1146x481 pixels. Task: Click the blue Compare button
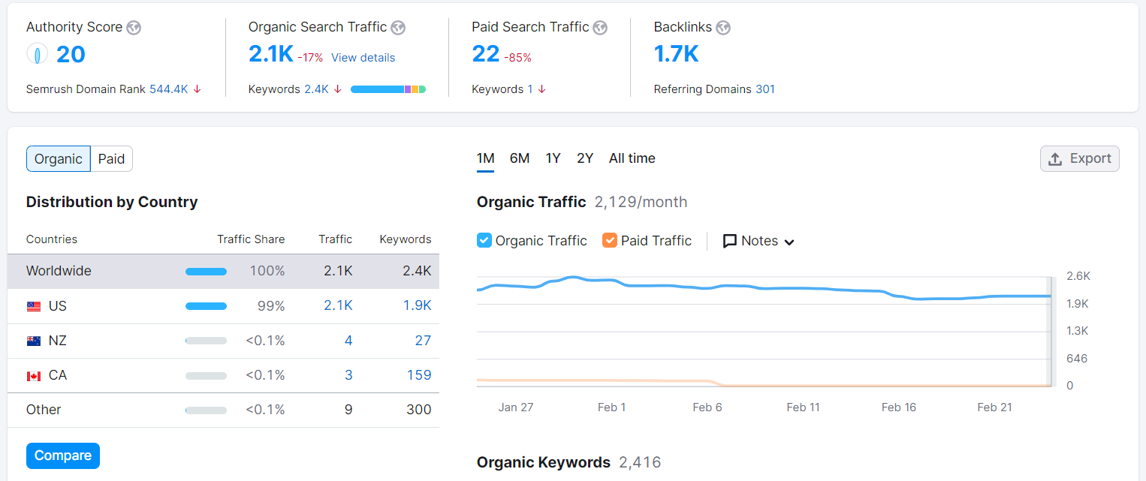(x=63, y=455)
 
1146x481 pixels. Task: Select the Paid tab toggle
(x=111, y=159)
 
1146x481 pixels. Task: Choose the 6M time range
(x=520, y=158)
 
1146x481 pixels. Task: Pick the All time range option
(x=632, y=158)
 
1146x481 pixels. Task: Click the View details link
(x=363, y=58)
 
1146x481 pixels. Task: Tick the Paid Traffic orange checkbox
(x=610, y=241)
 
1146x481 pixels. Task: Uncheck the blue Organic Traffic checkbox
(x=484, y=241)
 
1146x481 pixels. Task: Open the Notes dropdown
(x=758, y=241)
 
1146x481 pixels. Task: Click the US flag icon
(x=34, y=306)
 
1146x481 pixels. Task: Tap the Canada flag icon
(x=34, y=376)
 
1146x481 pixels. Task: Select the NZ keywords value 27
(x=423, y=341)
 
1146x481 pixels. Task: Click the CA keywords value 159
(x=418, y=375)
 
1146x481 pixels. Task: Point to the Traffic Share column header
(x=251, y=239)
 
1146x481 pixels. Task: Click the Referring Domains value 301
(x=765, y=89)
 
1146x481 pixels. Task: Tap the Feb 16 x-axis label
(x=898, y=407)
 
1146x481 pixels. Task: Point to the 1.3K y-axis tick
(x=1078, y=331)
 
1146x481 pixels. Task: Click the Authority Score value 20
(x=71, y=55)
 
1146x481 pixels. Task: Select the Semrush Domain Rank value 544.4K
(x=168, y=89)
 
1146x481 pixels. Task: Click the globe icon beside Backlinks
(x=722, y=28)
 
